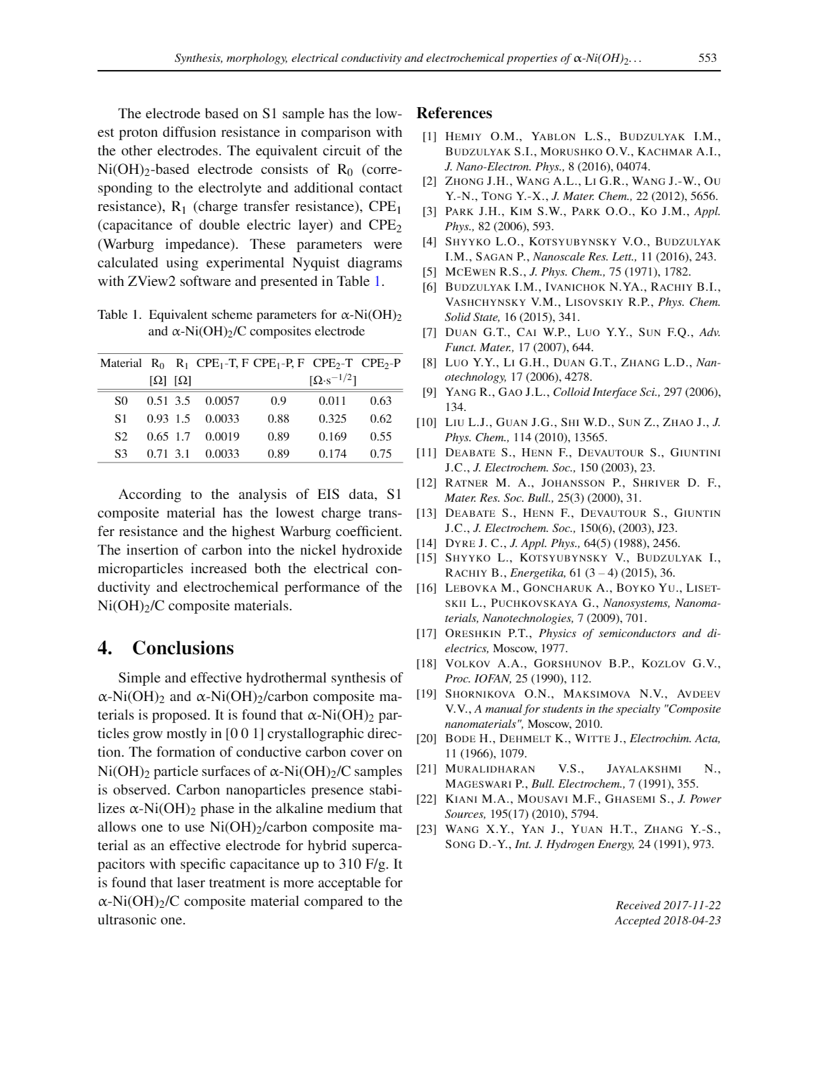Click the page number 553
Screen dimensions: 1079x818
(707, 58)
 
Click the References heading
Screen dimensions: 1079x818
(454, 113)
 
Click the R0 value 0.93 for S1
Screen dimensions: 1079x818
(157, 419)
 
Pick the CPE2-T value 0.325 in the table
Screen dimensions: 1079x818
(333, 419)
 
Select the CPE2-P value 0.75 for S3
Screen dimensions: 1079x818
(381, 454)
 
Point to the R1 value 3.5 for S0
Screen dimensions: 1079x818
(182, 401)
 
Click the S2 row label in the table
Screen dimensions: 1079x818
(121, 436)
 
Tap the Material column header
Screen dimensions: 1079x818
(121, 363)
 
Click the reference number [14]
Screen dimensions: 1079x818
(427, 543)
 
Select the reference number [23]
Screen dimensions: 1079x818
(427, 829)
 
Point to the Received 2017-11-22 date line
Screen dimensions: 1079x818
(668, 905)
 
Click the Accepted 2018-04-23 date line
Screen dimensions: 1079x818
(668, 920)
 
